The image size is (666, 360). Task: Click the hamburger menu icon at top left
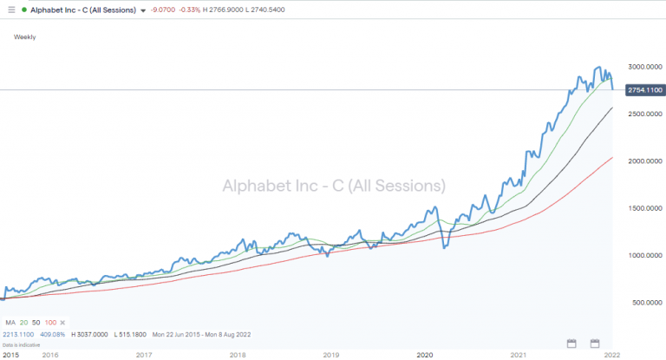tap(10, 10)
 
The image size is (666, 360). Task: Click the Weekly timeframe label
tap(25, 37)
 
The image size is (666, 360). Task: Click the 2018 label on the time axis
tap(237, 355)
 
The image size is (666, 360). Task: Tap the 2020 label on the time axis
tap(425, 355)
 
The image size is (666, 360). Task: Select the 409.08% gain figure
tap(55, 333)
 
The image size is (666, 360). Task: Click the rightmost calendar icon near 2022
tap(595, 343)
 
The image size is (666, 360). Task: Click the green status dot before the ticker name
tap(29, 10)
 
